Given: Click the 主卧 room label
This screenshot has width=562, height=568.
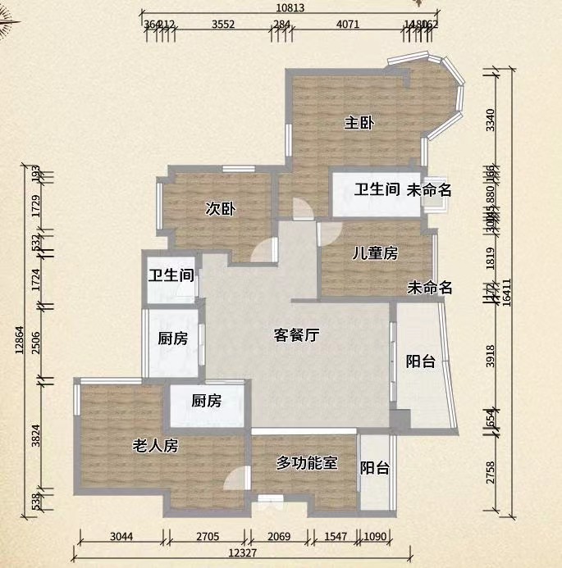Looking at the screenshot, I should point(359,124).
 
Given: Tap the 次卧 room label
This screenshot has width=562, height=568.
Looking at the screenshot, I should point(220,209).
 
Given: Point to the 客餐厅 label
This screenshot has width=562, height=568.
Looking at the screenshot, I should point(296,334).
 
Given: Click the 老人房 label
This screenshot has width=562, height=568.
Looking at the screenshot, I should point(155,446).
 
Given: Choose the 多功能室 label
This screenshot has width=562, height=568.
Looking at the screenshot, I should point(307,463).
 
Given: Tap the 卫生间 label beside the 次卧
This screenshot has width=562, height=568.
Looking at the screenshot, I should point(171,275).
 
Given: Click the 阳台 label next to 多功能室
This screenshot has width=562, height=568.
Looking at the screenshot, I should point(375,468).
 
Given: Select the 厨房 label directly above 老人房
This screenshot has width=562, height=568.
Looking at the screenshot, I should point(206,401).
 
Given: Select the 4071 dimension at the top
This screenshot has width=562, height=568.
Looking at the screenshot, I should point(348,24).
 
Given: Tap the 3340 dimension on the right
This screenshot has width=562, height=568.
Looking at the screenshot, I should point(491,120).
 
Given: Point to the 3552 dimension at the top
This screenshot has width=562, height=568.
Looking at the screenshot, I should point(223,24).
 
